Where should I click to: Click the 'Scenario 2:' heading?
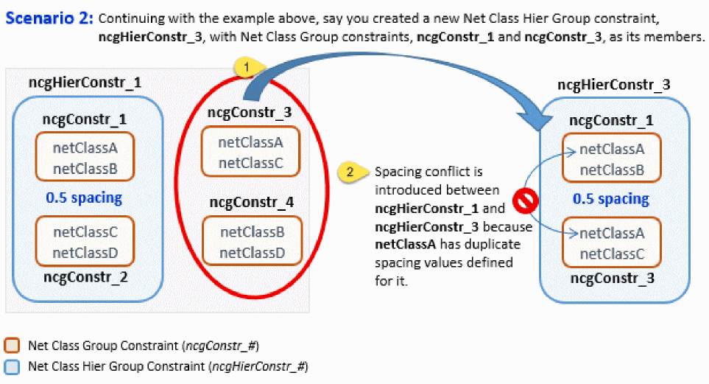click(49, 18)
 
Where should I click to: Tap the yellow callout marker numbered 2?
click(351, 172)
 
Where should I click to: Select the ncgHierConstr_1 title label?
click(84, 82)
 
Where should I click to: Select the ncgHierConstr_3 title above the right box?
click(614, 84)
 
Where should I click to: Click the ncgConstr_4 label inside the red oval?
click(252, 202)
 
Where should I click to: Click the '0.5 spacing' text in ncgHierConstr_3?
click(610, 198)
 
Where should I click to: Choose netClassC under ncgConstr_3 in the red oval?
click(250, 162)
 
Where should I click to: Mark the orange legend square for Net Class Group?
click(12, 346)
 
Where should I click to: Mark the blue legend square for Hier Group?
click(12, 366)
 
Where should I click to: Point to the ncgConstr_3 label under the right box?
click(611, 279)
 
